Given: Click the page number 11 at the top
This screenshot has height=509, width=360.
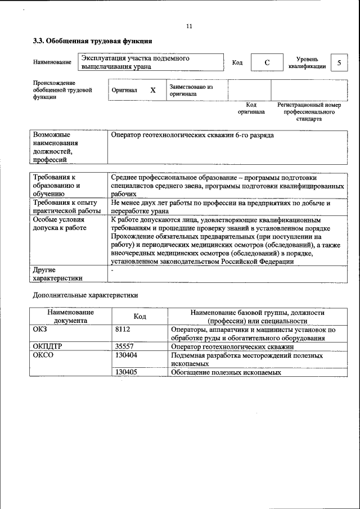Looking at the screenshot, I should coord(188,26).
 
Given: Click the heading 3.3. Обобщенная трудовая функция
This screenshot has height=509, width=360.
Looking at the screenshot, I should coord(92,41).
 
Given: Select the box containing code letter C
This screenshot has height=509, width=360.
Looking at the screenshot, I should coord(267,62).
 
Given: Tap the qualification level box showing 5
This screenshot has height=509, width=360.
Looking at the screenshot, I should coord(339,62).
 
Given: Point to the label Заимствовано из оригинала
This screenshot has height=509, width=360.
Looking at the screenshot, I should coord(191,91).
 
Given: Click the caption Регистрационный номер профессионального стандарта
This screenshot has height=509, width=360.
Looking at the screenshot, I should coord(309,112).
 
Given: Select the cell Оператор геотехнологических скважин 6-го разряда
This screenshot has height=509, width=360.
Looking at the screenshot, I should coord(193,136).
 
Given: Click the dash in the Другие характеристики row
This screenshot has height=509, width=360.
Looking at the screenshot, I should coord(113,270).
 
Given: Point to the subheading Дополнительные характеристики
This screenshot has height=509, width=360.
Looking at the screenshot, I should coord(85,295).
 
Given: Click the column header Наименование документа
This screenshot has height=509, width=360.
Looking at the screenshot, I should coord(70,316).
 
